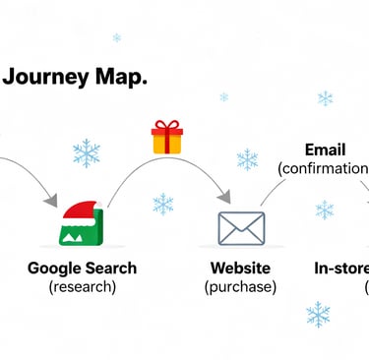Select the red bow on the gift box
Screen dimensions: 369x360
(167, 126)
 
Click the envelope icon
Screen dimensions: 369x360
(241, 228)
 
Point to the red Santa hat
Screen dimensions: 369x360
(79, 210)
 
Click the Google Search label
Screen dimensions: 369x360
(82, 268)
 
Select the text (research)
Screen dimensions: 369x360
(82, 287)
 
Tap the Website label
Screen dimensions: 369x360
(240, 268)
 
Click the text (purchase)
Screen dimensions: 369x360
(240, 287)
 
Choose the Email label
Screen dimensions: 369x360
(325, 150)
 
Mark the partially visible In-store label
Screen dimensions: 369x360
(340, 268)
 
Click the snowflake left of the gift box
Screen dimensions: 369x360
(88, 153)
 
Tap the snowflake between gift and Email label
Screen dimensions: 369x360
(247, 159)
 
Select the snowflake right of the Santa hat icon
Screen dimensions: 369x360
(163, 205)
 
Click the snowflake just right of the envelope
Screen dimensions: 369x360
(324, 210)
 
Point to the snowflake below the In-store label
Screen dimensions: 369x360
(318, 314)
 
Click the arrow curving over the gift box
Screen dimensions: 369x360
(167, 162)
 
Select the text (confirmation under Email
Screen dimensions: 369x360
(323, 169)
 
